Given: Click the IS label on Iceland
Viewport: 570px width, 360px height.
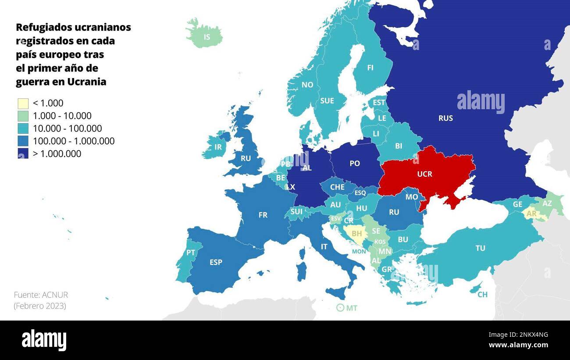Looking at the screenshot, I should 207,37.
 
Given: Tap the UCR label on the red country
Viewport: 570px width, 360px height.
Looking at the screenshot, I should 424,174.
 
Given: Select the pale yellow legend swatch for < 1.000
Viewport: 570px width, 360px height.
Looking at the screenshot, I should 23,103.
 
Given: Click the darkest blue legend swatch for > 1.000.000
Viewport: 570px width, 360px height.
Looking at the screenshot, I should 23,153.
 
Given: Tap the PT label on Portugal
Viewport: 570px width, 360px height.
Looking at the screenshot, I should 191,253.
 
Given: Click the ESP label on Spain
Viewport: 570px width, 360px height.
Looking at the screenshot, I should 216,262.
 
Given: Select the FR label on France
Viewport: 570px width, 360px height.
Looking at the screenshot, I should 263,215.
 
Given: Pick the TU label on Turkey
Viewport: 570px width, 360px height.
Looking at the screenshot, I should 480,248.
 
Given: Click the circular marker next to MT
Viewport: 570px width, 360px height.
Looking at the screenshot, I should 340,308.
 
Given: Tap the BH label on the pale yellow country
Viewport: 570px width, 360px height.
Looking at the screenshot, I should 356,234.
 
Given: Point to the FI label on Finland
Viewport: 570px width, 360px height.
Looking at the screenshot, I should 370,68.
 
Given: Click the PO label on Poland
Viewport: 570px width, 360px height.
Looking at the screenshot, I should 355,164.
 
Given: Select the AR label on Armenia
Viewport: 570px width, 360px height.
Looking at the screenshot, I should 531,214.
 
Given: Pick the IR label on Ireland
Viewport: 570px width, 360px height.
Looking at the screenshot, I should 218,147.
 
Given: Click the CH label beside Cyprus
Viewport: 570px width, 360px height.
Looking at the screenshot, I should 482,295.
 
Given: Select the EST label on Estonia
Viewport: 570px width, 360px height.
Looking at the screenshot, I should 379,103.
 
